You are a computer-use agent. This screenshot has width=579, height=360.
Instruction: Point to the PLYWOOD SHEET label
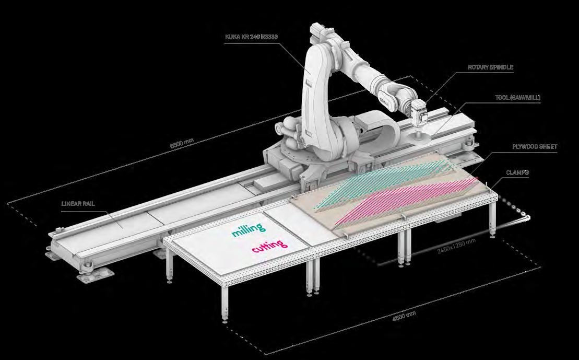coord(534,147)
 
